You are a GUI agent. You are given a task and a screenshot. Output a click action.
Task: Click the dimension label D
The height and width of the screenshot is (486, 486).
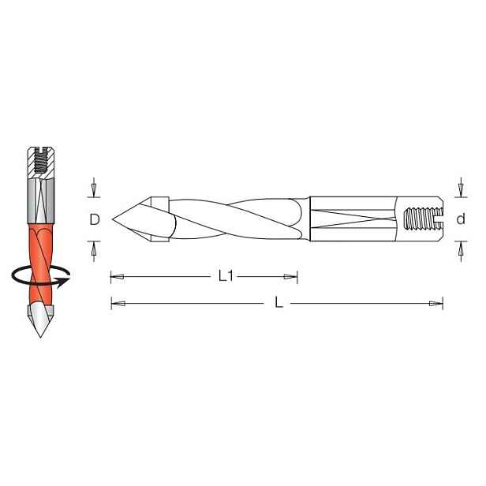(95, 219)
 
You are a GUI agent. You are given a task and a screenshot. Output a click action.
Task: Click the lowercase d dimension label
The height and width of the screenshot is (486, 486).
(461, 219)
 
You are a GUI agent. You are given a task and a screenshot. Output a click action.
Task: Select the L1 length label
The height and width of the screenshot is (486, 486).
(226, 276)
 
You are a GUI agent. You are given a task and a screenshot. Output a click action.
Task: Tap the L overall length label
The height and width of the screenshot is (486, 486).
(279, 302)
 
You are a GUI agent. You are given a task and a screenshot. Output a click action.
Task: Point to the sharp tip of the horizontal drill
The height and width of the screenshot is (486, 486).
(113, 219)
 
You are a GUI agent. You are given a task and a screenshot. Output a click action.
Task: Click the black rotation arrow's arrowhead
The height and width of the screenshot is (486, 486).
(64, 282)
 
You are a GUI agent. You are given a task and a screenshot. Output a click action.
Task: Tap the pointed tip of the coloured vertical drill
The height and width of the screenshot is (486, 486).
(40, 336)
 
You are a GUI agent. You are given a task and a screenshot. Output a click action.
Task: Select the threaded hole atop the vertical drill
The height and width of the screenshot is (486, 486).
(41, 161)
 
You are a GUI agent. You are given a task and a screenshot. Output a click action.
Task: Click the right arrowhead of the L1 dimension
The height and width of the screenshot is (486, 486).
(290, 277)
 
